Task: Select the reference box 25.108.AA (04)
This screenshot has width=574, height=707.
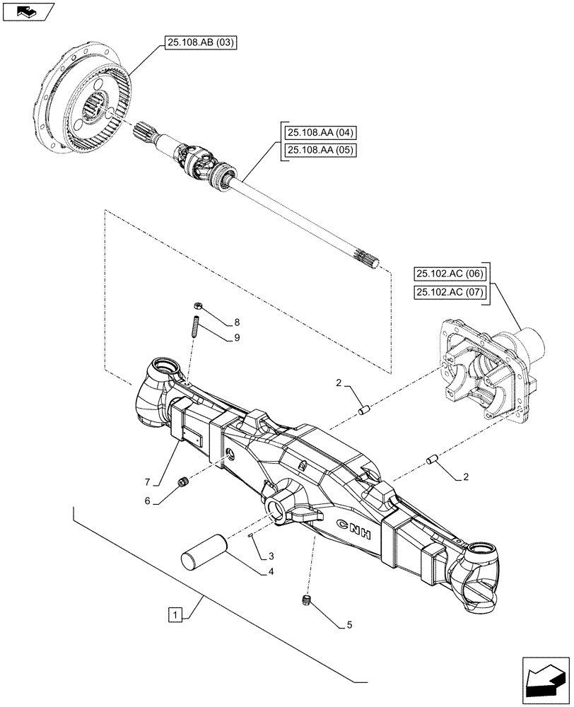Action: coord(321,132)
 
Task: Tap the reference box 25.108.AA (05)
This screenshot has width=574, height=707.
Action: coord(321,149)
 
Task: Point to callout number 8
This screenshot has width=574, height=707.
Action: coord(236,322)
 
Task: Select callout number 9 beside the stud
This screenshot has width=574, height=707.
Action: coord(236,338)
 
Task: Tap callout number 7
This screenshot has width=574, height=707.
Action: coord(148,482)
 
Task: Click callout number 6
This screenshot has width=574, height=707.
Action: coord(148,501)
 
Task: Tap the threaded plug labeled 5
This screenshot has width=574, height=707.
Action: coord(307,601)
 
